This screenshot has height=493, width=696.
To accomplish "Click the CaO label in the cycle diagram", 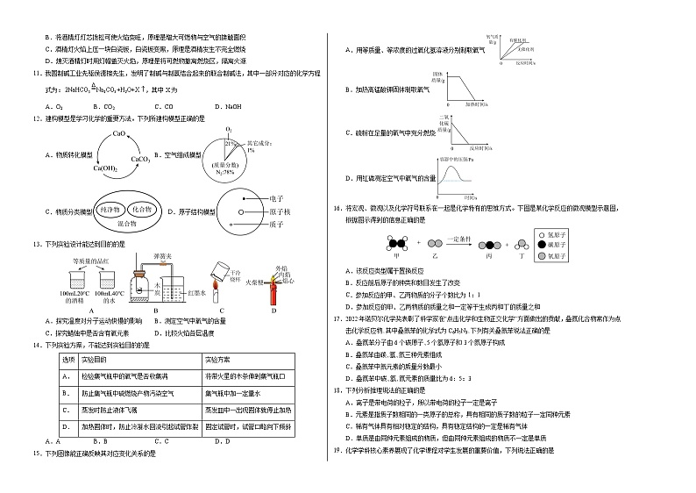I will click(119, 133).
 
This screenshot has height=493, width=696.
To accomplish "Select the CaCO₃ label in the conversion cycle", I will click(141, 159).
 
